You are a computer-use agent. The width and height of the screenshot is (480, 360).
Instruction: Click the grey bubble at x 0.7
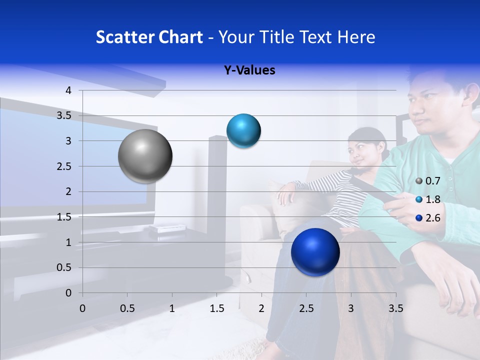pos(145,156)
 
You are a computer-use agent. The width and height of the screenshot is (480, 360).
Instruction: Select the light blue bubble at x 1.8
pos(243,131)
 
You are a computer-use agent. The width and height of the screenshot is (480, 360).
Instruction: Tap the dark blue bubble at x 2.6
pos(315,252)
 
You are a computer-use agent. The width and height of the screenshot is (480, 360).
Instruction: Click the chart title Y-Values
pos(249,70)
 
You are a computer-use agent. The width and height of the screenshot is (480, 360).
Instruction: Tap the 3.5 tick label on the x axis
pos(395,308)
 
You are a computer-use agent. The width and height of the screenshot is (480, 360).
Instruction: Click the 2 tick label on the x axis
pos(261,308)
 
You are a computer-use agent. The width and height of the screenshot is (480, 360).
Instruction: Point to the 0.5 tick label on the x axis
pos(127,308)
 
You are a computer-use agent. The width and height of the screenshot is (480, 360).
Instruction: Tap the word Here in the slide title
pos(356,37)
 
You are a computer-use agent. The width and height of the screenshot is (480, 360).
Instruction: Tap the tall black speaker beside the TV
pos(217,185)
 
